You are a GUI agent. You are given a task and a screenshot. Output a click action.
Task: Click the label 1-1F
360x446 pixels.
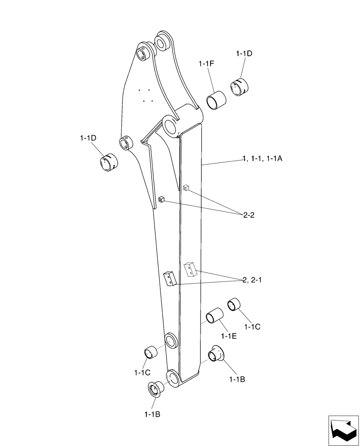pos(207,65)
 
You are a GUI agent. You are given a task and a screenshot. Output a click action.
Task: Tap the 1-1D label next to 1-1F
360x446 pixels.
pos(244,54)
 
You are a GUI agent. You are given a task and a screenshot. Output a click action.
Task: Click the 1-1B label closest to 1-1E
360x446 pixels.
pos(237,380)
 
